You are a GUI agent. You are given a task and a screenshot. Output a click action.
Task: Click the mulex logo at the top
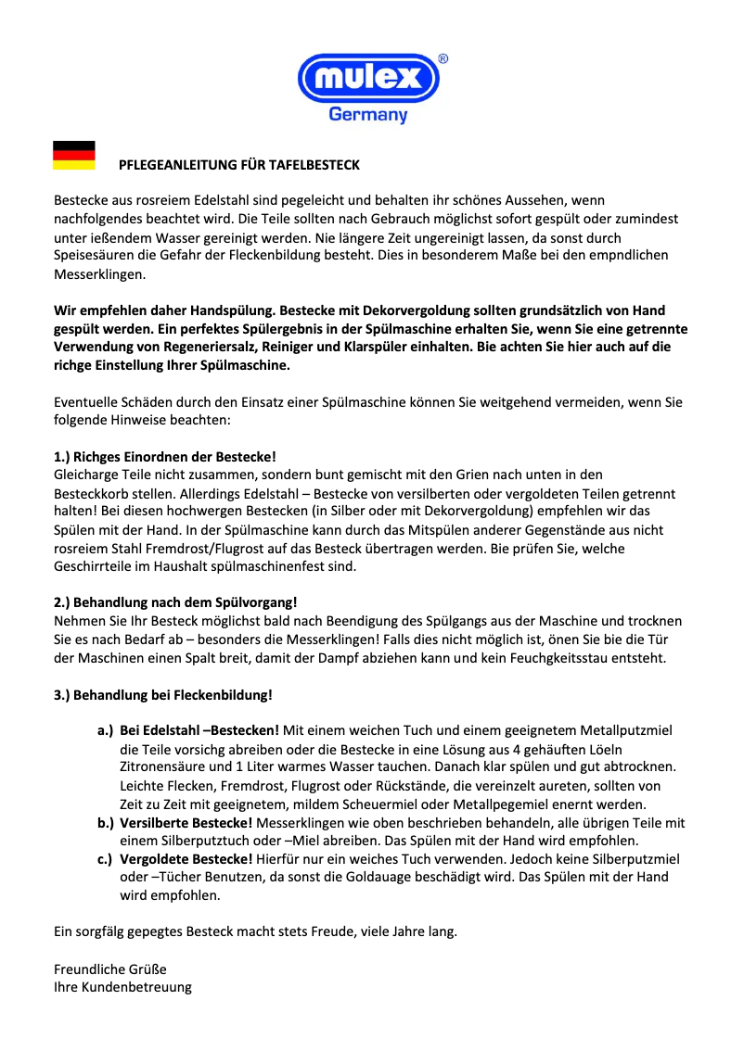coord(367,77)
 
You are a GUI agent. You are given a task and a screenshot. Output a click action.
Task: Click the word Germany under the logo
coord(368,116)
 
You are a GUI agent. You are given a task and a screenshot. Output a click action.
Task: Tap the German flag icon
coord(74,156)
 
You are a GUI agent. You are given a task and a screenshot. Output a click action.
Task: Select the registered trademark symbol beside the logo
coord(443,58)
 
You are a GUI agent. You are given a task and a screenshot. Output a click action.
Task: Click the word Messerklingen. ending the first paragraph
coord(99,275)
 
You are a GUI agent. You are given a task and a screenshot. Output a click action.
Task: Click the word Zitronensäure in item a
coord(162,766)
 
